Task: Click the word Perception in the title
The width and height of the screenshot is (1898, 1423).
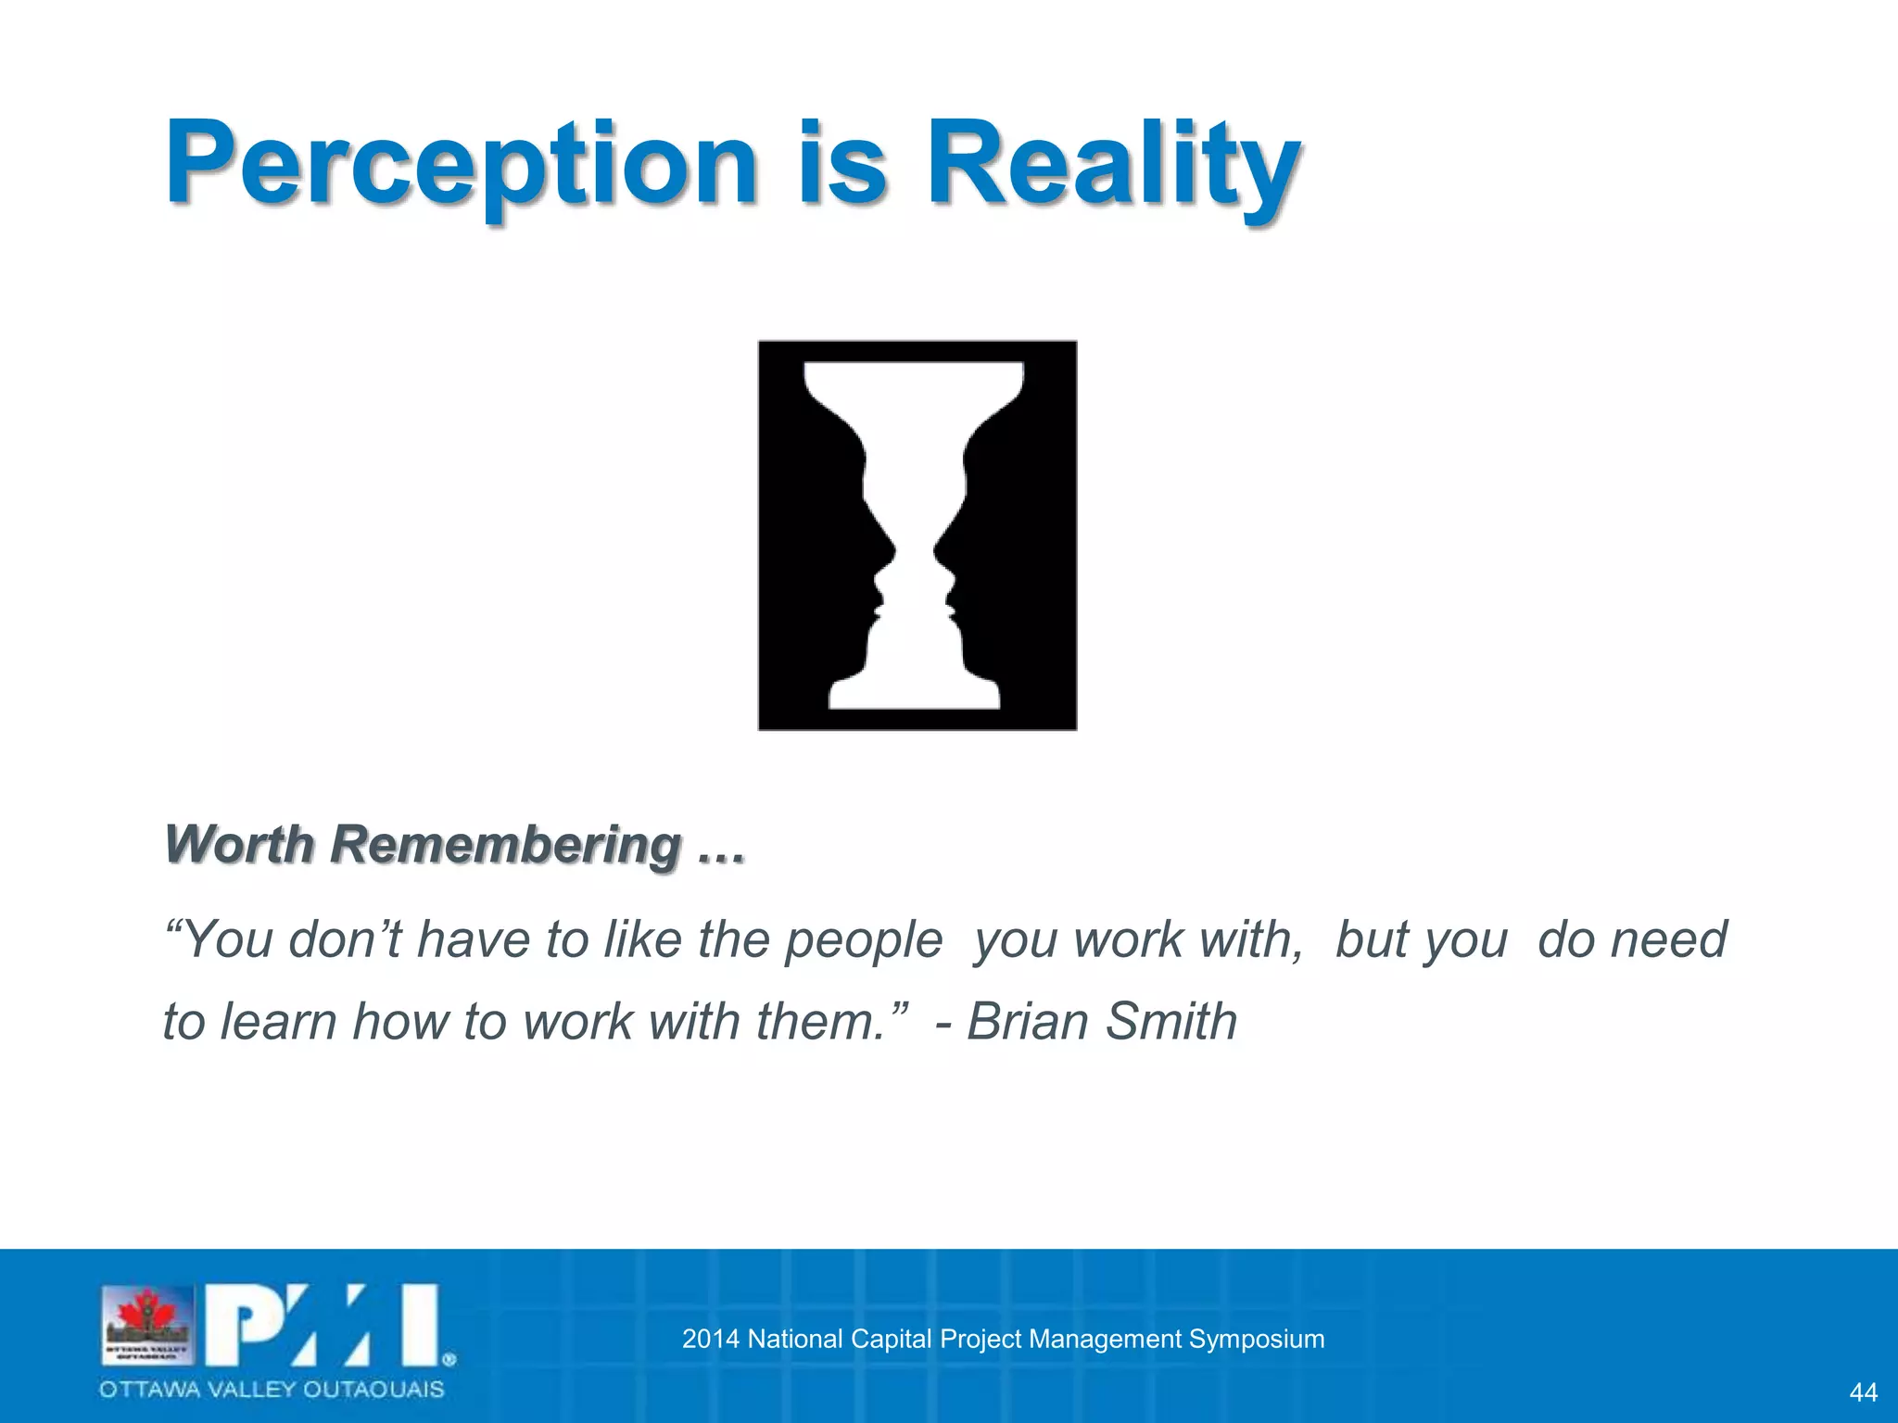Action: click(461, 165)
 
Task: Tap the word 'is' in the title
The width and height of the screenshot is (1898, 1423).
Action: click(841, 165)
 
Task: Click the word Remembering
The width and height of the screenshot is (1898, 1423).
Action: click(506, 845)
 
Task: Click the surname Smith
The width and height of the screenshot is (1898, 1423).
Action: click(1171, 1022)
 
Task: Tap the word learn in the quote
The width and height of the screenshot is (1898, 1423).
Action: click(277, 1022)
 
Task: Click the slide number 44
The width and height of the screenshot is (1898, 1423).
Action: click(1863, 1392)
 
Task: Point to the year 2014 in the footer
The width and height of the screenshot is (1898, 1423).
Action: click(711, 1339)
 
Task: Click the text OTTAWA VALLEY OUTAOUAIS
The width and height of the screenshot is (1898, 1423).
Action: click(272, 1390)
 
